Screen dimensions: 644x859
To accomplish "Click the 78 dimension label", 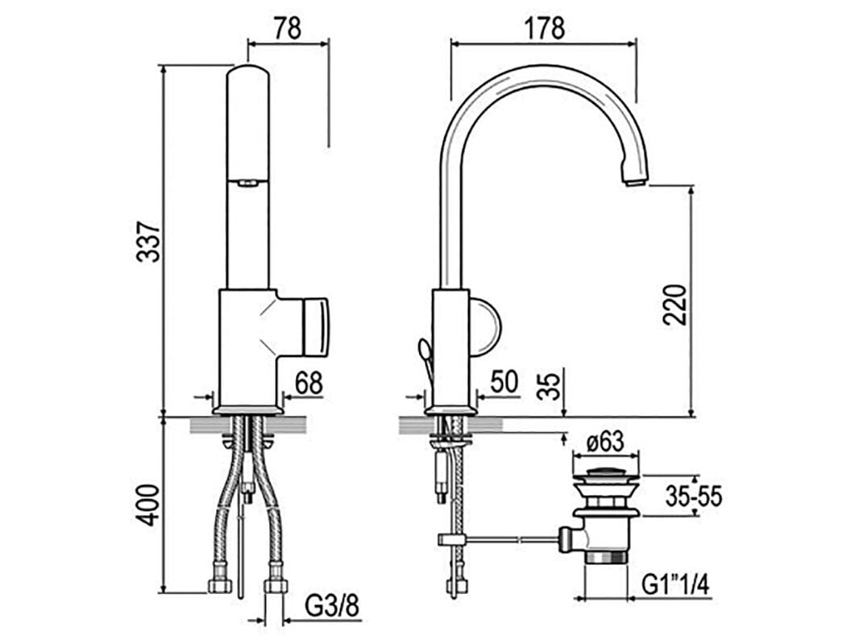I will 287,28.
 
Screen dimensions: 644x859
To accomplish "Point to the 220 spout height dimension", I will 675,304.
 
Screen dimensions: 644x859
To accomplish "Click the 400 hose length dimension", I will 147,505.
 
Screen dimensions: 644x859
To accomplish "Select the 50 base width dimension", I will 504,382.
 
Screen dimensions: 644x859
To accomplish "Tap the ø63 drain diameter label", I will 605,442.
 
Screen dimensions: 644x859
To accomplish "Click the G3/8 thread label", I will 332,606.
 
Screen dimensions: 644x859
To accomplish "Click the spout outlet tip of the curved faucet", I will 635,181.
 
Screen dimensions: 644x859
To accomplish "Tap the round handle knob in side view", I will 485,326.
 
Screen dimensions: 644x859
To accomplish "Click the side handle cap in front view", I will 316,326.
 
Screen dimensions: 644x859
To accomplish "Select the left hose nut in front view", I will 219,585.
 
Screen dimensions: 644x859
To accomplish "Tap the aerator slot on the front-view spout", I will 247,183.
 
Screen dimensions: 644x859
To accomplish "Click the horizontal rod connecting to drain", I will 508,538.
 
